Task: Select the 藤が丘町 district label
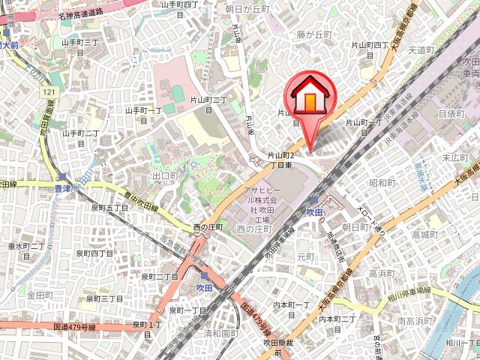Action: tap(313, 34)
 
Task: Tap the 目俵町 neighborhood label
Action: tap(452, 112)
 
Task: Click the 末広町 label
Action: tap(455, 157)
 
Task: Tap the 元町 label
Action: tap(305, 256)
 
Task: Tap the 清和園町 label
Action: tap(222, 334)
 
